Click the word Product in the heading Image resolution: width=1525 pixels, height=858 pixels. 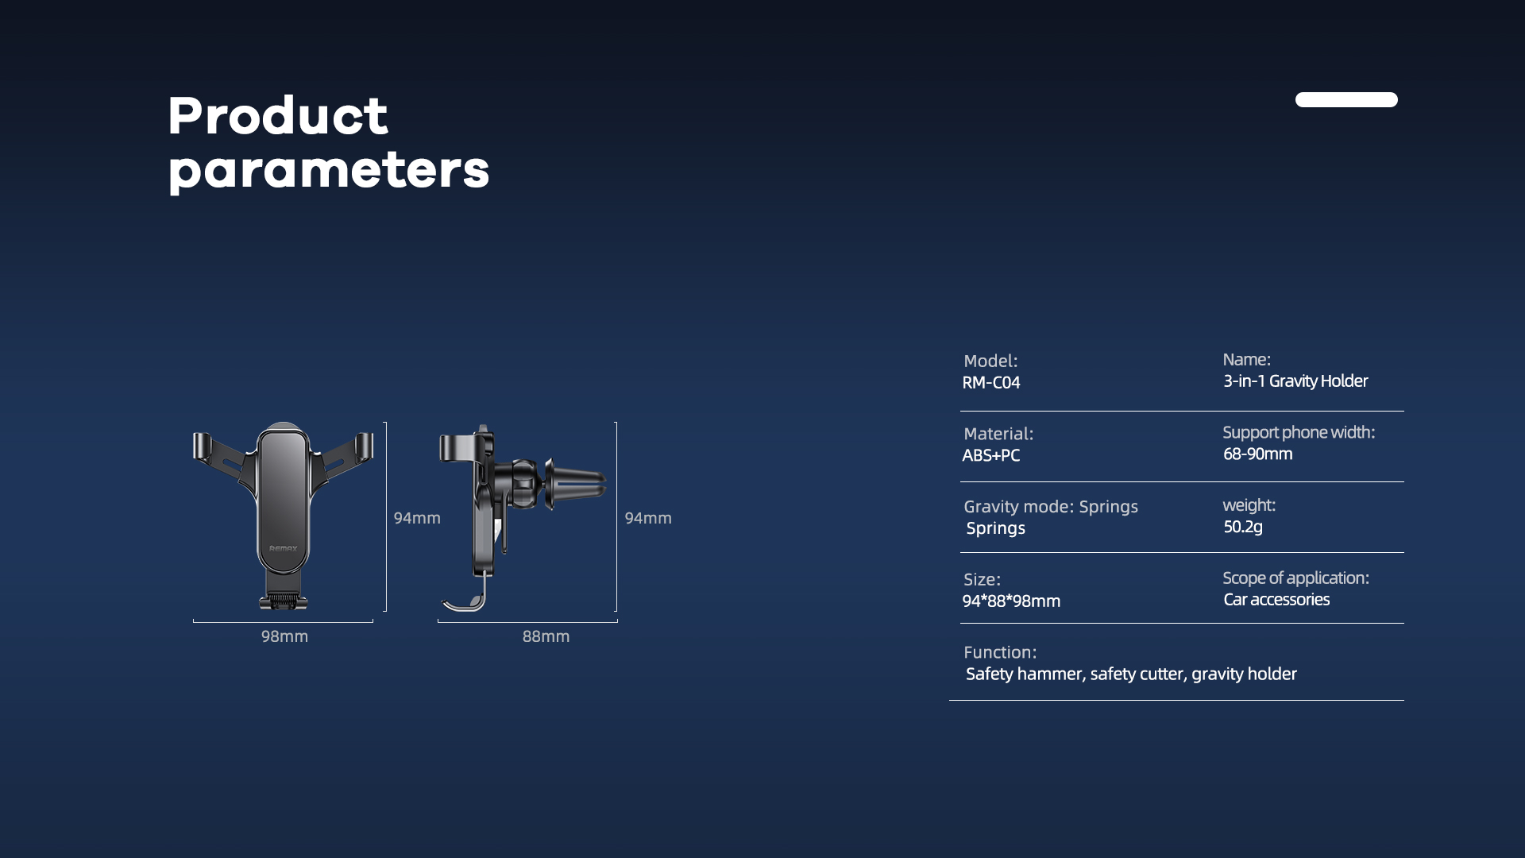coord(278,115)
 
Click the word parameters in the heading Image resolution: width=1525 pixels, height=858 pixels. coord(329,171)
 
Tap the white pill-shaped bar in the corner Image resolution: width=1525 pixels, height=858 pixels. coord(1346,99)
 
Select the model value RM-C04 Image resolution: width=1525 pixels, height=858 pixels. coord(991,382)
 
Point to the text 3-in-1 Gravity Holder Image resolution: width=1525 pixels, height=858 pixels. coord(1295,381)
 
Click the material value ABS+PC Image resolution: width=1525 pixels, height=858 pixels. coord(991,455)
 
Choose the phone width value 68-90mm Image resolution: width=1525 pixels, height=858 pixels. coord(1258,454)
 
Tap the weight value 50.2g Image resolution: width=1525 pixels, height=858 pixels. coord(1243,527)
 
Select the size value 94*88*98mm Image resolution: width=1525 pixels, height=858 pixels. coord(1011,601)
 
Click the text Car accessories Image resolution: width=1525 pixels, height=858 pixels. coord(1276,600)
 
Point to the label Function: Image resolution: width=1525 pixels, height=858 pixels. coord(1000,652)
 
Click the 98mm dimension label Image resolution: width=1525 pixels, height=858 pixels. coord(284,636)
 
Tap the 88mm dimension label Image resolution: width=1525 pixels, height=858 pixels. coord(546,636)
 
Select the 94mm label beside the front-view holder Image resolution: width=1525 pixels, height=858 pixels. coord(417,518)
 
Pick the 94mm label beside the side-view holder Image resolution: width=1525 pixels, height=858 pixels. coord(648,518)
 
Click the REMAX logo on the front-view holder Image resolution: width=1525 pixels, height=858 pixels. coord(283,548)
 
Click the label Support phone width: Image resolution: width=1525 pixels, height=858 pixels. coord(1299,432)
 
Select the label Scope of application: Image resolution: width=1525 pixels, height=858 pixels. coord(1295,578)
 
